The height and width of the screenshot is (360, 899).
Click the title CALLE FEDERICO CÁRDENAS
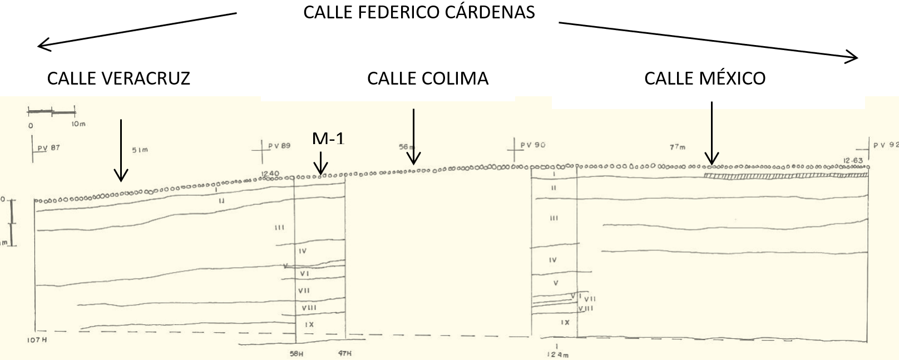coord(419,12)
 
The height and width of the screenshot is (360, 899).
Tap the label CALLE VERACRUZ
coord(118,78)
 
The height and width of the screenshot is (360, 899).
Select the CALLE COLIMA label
coord(428,78)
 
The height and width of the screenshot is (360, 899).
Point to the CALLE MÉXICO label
coord(705,78)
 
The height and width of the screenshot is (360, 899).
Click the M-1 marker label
coord(328,139)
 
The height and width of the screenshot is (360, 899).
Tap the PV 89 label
coord(279,146)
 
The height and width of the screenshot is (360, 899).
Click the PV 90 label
coord(532,145)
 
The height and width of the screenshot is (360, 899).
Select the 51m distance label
coord(140,150)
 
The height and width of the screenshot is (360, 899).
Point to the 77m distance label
coord(678,147)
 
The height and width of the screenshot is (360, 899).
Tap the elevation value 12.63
coord(853,161)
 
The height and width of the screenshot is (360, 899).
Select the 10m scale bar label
coord(78,124)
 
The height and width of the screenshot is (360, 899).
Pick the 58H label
coord(296,353)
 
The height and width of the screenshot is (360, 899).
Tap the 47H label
coord(345,353)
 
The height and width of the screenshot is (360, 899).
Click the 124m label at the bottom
coord(558,354)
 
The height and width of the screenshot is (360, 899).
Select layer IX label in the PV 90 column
coord(565,322)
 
